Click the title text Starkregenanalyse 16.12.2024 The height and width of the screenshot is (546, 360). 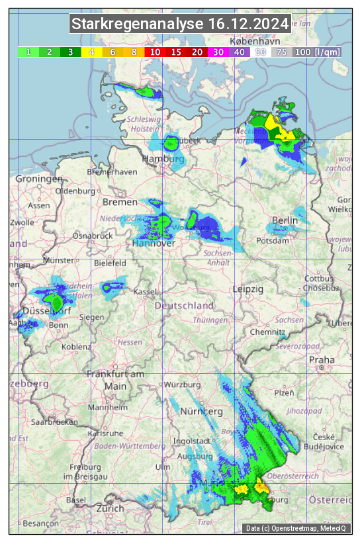pyautogui.click(x=180, y=24)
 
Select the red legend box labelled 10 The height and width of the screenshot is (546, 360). pyautogui.click(x=155, y=52)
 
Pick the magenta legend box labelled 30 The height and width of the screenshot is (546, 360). pyautogui.click(x=218, y=52)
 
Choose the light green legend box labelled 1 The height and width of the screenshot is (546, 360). pyautogui.click(x=28, y=52)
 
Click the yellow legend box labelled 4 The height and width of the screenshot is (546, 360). pyautogui.click(x=92, y=52)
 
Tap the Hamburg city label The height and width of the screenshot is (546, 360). pyautogui.click(x=163, y=159)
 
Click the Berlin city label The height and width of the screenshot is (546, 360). pyautogui.click(x=285, y=220)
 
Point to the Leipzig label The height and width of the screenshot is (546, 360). pyautogui.click(x=248, y=289)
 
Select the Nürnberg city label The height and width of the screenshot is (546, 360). pyautogui.click(x=202, y=411)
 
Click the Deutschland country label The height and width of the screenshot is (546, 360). pyautogui.click(x=184, y=306)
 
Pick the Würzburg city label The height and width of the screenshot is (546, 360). pyautogui.click(x=183, y=385)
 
